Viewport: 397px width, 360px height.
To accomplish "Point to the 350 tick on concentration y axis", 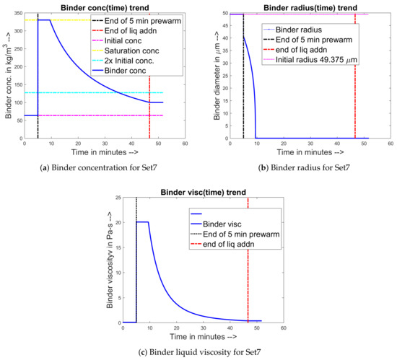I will click(17, 13).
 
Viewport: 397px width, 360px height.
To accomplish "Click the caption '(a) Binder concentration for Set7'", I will click(100, 170).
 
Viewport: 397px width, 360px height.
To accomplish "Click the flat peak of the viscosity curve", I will click(142, 222).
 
